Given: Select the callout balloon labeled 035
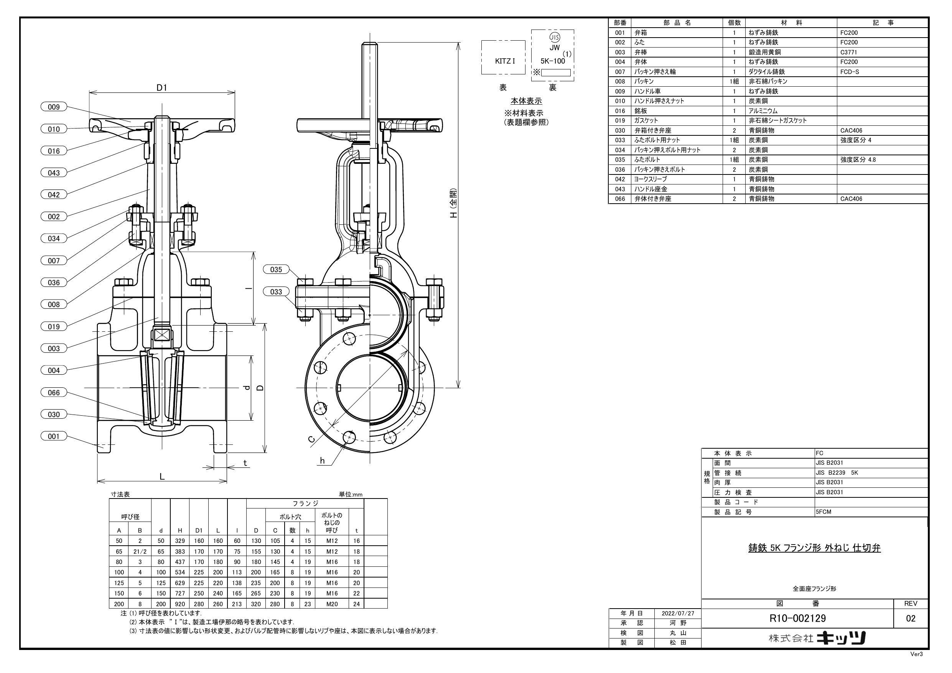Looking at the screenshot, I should [276, 270].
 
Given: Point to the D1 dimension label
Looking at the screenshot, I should [162, 87].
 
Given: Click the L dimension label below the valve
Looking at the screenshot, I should [162, 476].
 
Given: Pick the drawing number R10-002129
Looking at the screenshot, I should [797, 619].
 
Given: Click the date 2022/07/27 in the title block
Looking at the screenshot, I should [677, 613].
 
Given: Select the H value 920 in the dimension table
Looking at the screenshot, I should [180, 604].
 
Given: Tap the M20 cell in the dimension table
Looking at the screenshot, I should [332, 604].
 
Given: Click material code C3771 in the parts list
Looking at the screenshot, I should [848, 52].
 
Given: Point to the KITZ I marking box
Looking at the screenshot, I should [505, 61].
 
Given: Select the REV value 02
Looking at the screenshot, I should [911, 619].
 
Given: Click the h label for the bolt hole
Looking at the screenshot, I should [322, 461].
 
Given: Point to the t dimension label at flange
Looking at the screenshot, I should [245, 463].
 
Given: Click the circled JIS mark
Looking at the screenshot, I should [554, 37].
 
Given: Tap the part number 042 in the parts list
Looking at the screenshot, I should [620, 179].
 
